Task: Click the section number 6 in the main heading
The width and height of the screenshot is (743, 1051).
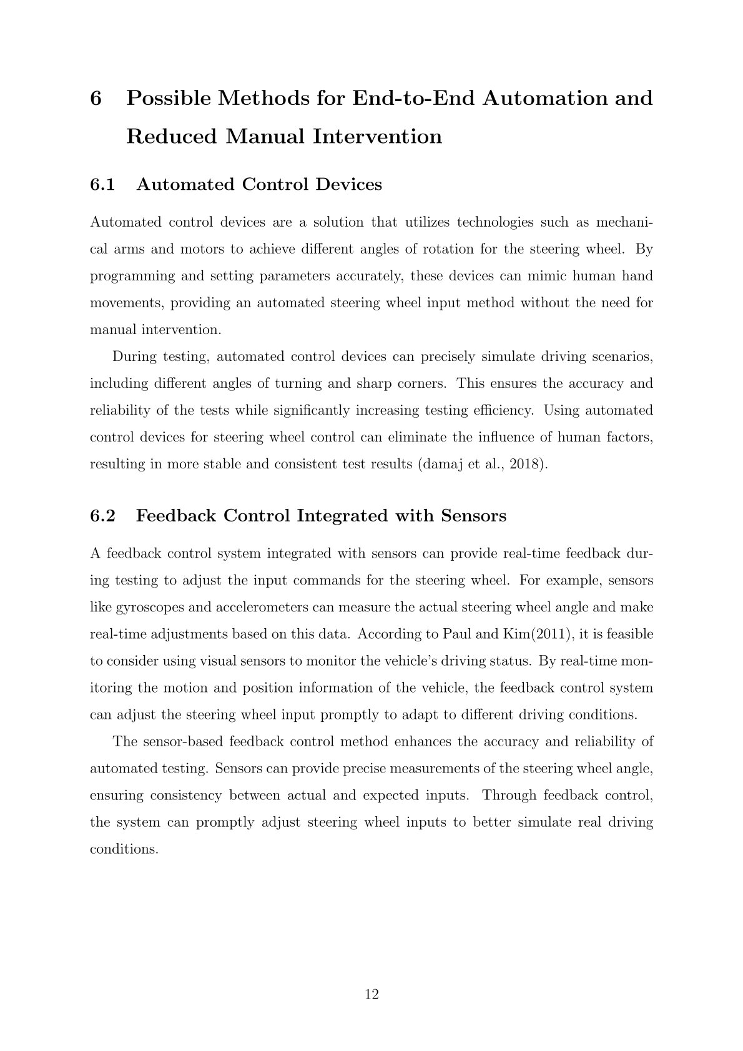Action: (96, 99)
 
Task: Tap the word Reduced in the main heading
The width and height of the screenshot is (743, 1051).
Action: (170, 137)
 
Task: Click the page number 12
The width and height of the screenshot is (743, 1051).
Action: (371, 994)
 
